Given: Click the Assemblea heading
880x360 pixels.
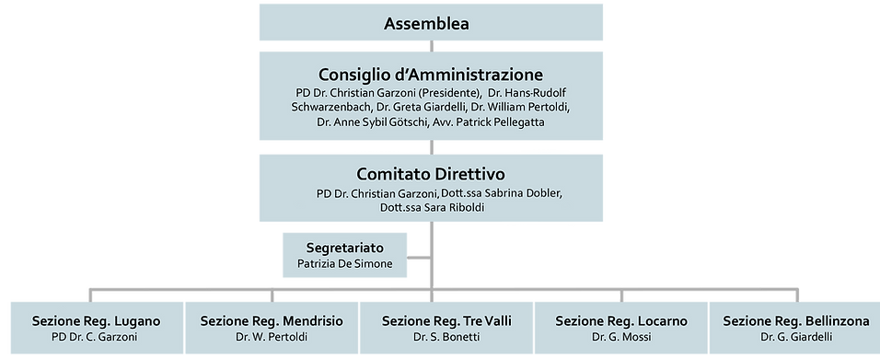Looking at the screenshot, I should point(433,24).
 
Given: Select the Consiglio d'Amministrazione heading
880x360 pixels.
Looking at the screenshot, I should point(432,74).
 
